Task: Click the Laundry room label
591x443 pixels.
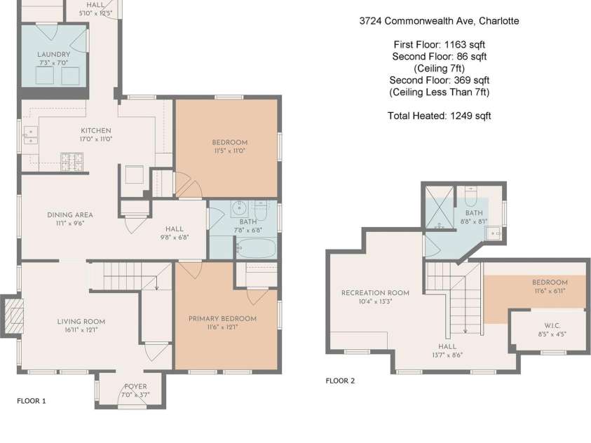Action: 53,54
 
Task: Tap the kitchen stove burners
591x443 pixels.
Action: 72,161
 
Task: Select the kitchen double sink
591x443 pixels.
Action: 30,135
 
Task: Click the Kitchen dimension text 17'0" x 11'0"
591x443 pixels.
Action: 96,139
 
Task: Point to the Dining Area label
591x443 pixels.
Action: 69,214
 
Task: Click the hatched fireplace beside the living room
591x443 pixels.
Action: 13,316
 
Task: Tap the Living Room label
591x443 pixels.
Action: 81,321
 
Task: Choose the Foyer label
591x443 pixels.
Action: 135,386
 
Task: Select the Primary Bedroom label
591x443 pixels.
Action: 222,319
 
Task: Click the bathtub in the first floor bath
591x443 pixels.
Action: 257,248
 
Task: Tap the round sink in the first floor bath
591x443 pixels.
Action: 238,208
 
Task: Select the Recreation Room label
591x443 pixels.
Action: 375,293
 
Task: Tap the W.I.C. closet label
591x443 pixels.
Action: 552,325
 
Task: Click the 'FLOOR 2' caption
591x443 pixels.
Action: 340,381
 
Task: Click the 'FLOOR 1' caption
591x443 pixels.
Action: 32,401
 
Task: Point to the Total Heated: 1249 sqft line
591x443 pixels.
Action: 439,116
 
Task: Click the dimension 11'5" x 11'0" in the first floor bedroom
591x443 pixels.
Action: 229,151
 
